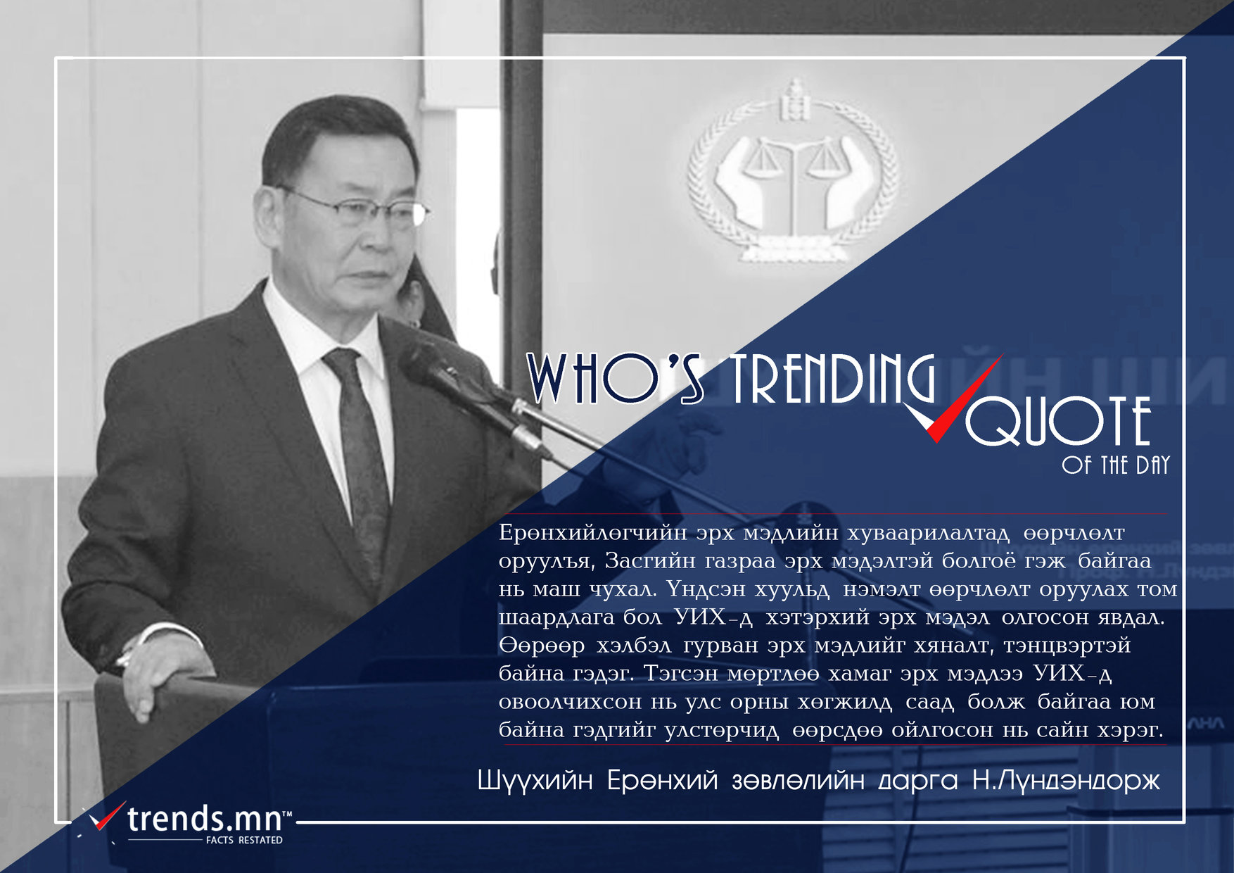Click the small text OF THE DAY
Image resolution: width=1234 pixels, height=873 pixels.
tap(1116, 465)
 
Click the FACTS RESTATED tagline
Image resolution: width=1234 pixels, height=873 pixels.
tap(244, 841)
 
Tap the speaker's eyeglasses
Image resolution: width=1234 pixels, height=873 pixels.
tap(359, 207)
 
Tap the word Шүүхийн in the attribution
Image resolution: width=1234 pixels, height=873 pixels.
tap(535, 781)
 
